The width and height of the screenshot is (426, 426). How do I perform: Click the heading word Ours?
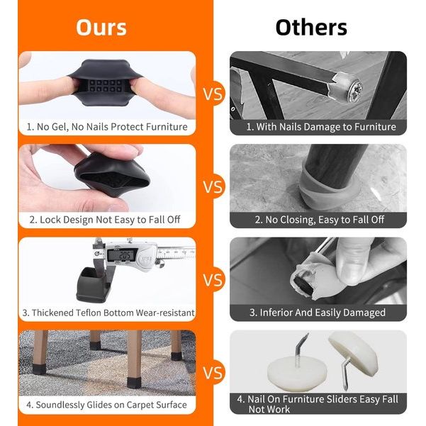(101, 28)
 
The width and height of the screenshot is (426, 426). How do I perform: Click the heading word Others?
(311, 28)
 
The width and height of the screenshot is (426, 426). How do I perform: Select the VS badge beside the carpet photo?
(213, 372)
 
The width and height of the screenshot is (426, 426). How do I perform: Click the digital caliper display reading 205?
(122, 255)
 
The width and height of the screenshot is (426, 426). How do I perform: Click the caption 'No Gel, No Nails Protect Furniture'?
(107, 127)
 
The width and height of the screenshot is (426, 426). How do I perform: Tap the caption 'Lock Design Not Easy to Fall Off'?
(105, 220)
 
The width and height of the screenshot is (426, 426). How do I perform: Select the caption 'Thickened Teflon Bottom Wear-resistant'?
(108, 313)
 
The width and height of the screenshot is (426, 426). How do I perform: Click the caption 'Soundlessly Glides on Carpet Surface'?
(106, 405)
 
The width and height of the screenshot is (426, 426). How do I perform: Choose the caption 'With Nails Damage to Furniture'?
(321, 127)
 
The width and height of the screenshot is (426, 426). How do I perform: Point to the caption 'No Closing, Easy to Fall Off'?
(320, 220)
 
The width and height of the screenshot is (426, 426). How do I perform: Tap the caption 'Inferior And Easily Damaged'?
(318, 313)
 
